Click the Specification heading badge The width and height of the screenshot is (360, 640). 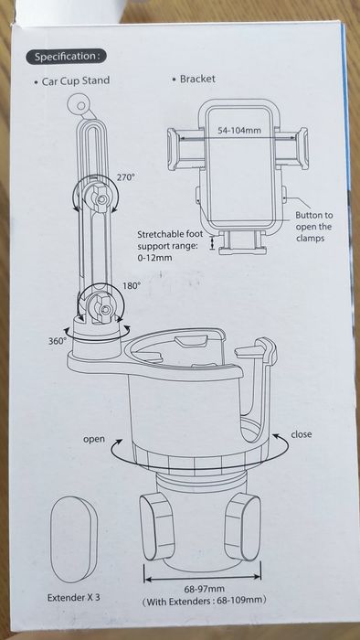(67, 57)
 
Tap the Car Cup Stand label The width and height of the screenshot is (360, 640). (76, 80)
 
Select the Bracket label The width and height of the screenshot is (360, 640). (197, 79)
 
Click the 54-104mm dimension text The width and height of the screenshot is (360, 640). (238, 131)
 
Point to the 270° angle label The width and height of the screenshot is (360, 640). (125, 177)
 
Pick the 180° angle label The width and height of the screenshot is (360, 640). (132, 285)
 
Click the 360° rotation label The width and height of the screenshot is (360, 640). (58, 341)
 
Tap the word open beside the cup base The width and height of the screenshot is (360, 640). (94, 439)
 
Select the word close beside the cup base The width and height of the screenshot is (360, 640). (302, 434)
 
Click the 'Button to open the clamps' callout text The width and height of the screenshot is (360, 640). (313, 226)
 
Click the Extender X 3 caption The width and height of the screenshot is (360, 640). (73, 598)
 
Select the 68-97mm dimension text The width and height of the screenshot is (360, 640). (205, 589)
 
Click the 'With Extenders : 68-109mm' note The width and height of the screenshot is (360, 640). (205, 601)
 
